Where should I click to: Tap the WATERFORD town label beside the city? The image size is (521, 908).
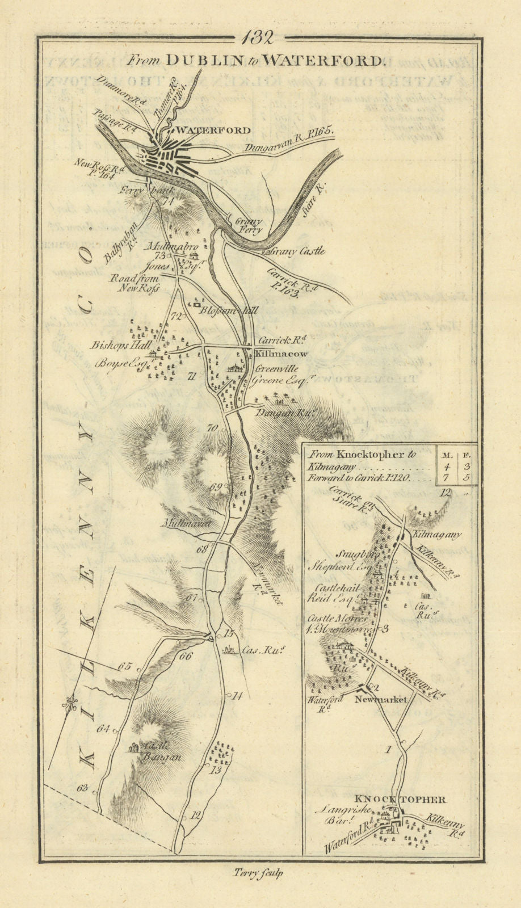coord(205,130)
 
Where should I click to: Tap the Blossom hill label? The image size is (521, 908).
coord(228,311)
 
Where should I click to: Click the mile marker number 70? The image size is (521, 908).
coord(212,428)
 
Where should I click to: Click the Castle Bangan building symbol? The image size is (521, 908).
coord(135,748)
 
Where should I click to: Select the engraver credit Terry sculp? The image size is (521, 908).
coord(258,874)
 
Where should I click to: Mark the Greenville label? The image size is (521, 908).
coord(276,369)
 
